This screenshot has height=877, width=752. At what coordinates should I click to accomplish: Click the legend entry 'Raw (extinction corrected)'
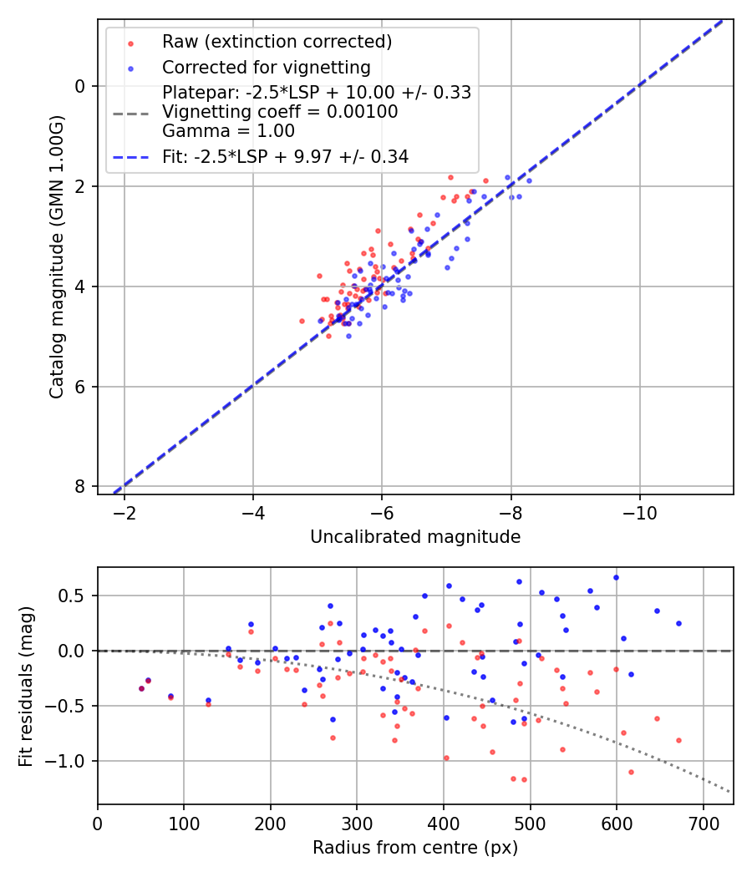277,42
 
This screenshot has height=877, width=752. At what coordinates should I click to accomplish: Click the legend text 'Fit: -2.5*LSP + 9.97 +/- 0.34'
285,156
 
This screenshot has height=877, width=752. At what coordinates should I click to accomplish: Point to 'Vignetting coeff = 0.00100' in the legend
280,112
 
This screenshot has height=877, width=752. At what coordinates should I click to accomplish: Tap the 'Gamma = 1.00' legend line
228,130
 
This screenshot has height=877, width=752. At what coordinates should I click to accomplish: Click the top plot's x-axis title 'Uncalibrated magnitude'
415,537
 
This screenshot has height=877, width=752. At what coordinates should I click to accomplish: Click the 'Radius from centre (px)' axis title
415,848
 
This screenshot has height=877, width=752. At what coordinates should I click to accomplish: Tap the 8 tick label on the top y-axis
80,487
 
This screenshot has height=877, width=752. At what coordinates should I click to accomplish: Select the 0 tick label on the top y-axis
80,86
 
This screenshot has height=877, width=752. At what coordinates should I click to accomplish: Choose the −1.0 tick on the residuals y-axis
72,761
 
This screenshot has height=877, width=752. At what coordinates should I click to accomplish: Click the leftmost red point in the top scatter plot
302,321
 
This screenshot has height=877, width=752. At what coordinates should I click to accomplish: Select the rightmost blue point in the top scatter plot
529,180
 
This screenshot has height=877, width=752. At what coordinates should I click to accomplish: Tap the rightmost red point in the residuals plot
678,740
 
